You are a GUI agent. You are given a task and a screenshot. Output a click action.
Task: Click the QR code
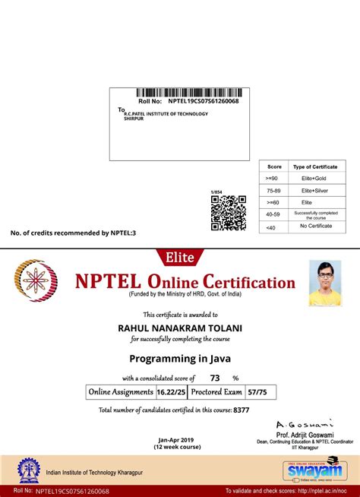[x=228, y=213]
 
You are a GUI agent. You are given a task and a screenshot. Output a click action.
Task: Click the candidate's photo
[x=324, y=283]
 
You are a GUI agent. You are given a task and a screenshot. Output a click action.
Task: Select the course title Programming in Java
[x=180, y=358]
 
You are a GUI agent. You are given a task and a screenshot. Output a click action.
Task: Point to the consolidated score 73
[x=215, y=378]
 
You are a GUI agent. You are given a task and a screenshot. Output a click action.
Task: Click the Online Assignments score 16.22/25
[x=169, y=392]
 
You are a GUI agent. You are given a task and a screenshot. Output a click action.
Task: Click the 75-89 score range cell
[x=274, y=190]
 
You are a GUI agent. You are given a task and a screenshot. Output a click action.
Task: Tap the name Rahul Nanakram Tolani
[x=180, y=328]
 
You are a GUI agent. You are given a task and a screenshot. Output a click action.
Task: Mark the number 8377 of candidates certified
[x=242, y=410]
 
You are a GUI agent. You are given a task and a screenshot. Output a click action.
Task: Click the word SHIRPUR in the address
[x=134, y=119]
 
